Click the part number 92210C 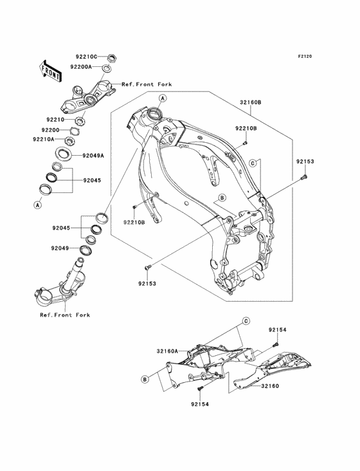coord(86,57)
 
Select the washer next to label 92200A coord(107,68)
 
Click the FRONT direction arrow coord(50,71)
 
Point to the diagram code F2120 coord(305,56)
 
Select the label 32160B coord(251,102)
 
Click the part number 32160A coord(167,351)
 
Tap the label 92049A coord(93,156)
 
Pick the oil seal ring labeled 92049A coord(63,154)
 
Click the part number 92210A coord(44,139)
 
